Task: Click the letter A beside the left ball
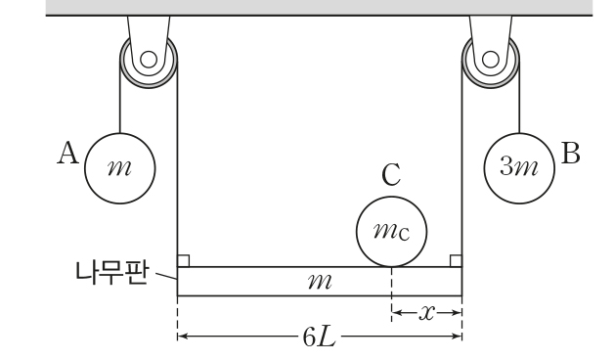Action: point(68,154)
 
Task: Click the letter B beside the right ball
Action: point(571,154)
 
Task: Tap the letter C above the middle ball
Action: point(391,175)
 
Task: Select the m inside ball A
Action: point(119,168)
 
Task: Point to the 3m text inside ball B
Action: point(519,166)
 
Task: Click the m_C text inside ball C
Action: point(391,231)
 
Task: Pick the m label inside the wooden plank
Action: point(320,282)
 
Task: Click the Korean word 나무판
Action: point(112,272)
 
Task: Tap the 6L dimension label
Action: point(319,337)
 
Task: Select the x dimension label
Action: point(426,313)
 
